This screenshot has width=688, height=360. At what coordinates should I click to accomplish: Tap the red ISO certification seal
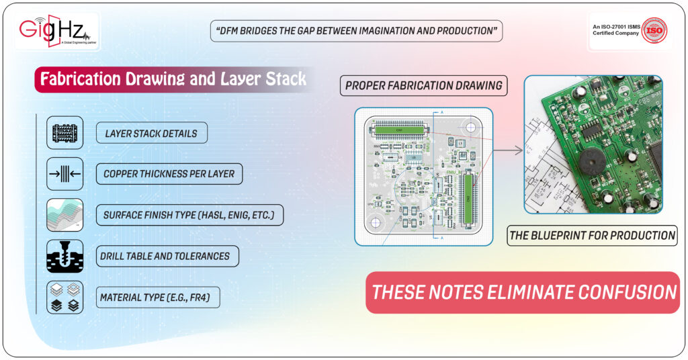pyautogui.click(x=654, y=31)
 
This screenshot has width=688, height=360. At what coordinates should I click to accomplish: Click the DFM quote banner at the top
pyautogui.click(x=355, y=31)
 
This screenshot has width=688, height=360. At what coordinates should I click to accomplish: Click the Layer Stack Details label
pyautogui.click(x=151, y=133)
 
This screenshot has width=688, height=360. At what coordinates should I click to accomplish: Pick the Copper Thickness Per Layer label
pyautogui.click(x=169, y=174)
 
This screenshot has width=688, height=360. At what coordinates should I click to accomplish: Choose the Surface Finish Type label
pyautogui.click(x=189, y=216)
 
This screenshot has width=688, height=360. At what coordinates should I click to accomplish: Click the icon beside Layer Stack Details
pyautogui.click(x=65, y=132)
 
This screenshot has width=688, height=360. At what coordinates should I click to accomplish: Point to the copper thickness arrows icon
pyautogui.click(x=65, y=174)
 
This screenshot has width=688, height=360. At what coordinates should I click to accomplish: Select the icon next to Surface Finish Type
pyautogui.click(x=65, y=215)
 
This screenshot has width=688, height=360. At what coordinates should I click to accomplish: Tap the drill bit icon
pyautogui.click(x=65, y=256)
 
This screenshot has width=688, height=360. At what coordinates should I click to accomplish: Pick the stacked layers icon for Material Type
pyautogui.click(x=65, y=297)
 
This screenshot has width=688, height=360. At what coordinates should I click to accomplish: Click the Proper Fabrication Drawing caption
pyautogui.click(x=423, y=86)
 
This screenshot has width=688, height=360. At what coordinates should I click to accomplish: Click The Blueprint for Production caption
pyautogui.click(x=592, y=235)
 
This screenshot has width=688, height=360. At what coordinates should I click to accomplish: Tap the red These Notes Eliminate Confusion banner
pyautogui.click(x=523, y=293)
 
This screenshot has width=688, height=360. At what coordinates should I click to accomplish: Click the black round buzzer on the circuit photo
pyautogui.click(x=591, y=161)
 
